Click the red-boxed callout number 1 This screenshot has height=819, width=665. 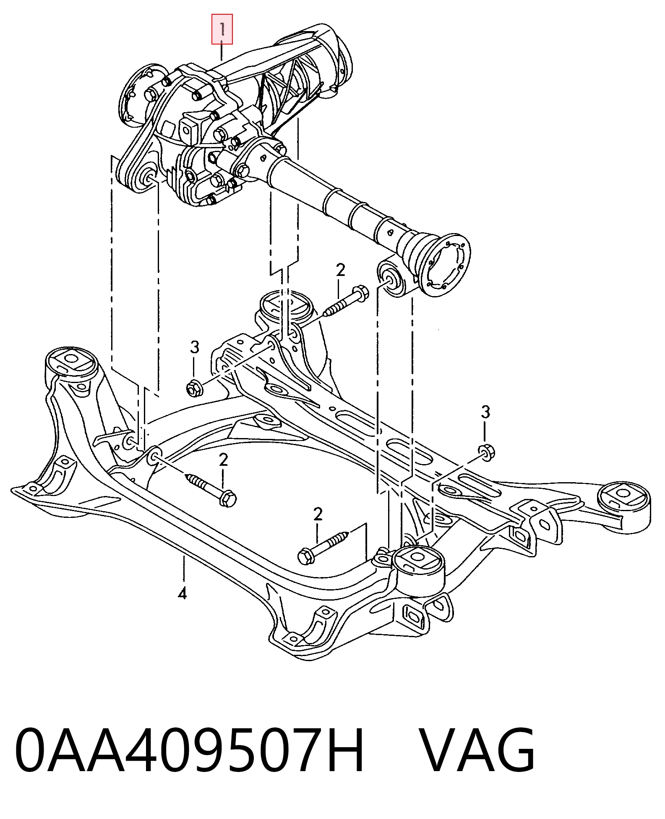click(x=222, y=29)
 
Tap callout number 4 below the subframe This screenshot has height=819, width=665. click(x=182, y=593)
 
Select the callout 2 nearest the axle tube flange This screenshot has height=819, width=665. click(x=340, y=270)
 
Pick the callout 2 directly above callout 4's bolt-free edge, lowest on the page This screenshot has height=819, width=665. click(x=318, y=514)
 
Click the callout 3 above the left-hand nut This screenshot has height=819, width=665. click(x=194, y=347)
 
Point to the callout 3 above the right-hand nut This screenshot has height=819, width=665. click(x=485, y=412)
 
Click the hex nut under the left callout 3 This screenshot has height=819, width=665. click(x=194, y=387)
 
